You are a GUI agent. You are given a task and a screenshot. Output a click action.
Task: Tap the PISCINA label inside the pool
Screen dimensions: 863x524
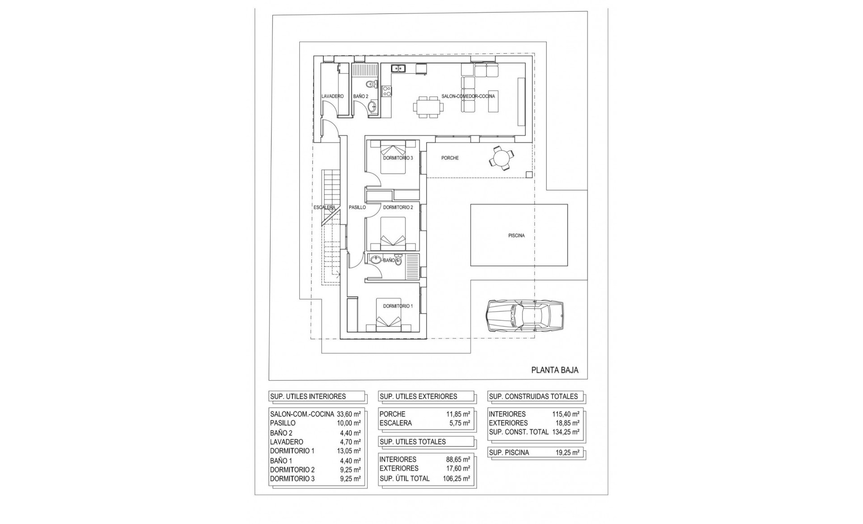[x=516, y=235]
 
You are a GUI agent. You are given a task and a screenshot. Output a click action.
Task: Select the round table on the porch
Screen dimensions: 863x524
[x=501, y=158]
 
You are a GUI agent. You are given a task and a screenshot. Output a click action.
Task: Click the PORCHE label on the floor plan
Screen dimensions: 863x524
[x=450, y=158]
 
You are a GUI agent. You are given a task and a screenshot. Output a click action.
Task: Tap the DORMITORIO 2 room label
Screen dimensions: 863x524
[x=398, y=208]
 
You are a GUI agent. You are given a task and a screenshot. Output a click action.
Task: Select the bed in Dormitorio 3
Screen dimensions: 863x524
[x=394, y=157]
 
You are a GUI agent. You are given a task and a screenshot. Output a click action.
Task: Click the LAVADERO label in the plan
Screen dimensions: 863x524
[x=333, y=96]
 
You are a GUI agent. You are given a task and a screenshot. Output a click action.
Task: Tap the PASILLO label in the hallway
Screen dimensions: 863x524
[x=357, y=208]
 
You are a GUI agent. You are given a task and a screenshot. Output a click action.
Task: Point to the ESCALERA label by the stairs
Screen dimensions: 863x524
[x=325, y=208]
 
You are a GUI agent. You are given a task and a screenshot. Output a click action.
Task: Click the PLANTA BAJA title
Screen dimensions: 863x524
[x=555, y=370]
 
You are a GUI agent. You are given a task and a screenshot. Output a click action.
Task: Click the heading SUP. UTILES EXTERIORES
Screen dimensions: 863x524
[x=418, y=396]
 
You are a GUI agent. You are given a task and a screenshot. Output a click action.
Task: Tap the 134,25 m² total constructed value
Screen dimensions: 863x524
[x=565, y=432]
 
